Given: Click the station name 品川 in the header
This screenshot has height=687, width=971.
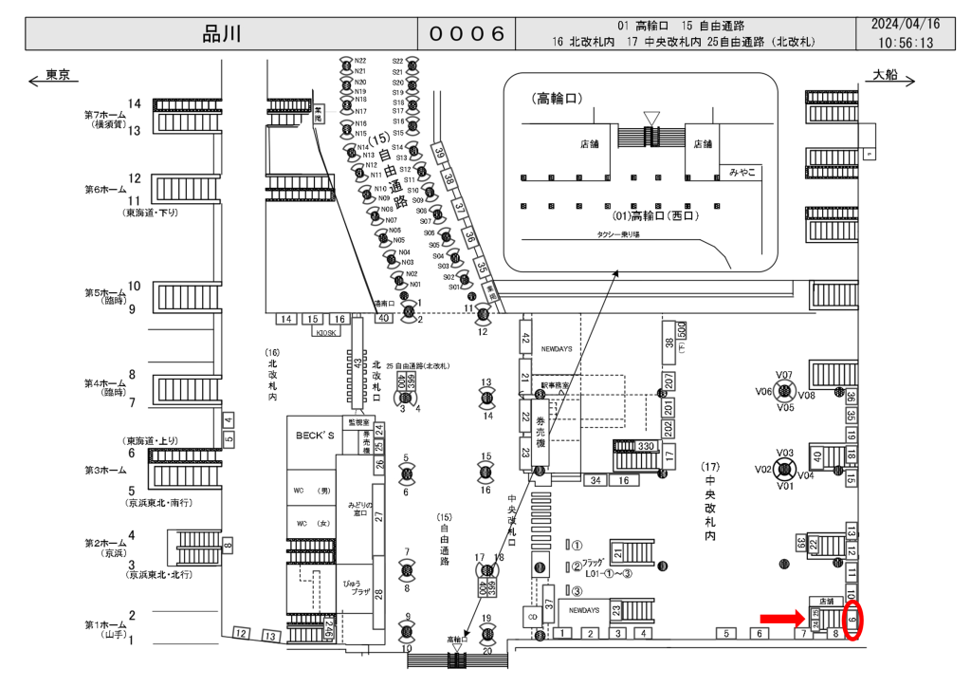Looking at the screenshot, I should (224, 34).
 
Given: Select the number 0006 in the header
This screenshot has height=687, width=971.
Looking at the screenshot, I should (467, 34).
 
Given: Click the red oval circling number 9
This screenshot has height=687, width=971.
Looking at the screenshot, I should (852, 621).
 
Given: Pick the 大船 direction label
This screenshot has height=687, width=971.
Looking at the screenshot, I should (885, 75).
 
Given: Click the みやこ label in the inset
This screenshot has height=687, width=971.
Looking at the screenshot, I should (742, 172).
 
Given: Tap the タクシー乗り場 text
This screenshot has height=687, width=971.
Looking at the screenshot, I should (617, 234).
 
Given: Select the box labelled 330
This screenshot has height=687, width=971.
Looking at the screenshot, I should (647, 446).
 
